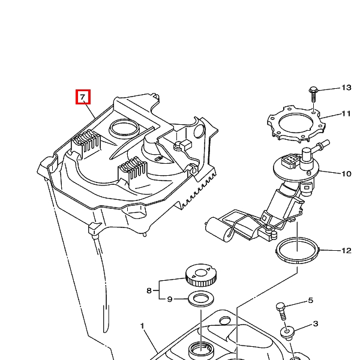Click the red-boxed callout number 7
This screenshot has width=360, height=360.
coord(83,97)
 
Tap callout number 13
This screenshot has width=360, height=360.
coord(346,88)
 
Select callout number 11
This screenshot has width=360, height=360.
coord(346,113)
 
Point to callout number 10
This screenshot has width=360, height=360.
coord(346,174)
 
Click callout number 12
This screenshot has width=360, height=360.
coord(346,251)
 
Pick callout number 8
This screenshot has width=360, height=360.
coord(149,290)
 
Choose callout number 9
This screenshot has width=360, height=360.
coord(169,299)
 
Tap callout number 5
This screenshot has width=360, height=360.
coord(311,301)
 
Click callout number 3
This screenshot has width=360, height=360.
coord(315,324)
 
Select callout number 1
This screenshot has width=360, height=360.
coord(143,326)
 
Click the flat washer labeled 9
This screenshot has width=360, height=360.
coord(200,298)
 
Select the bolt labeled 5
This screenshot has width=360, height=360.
coord(280,312)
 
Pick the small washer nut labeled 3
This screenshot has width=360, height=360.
coord(287,332)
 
